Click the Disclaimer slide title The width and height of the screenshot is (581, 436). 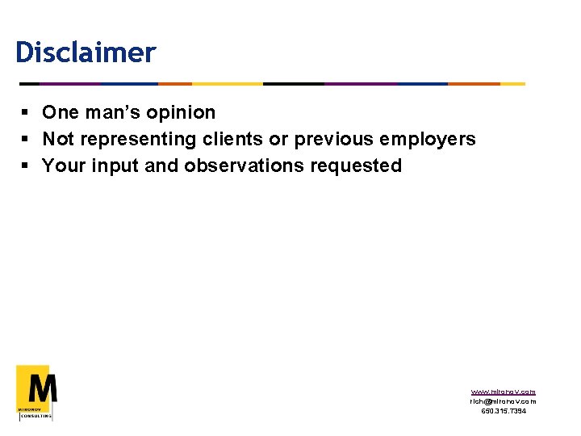(x=85, y=53)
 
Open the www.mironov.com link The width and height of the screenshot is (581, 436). (x=503, y=392)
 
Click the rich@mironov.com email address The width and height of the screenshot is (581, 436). (x=503, y=401)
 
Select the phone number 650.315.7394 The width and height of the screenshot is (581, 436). (x=503, y=411)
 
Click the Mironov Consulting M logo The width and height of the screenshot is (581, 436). (x=36, y=392)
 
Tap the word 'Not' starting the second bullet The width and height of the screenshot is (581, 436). (x=58, y=139)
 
